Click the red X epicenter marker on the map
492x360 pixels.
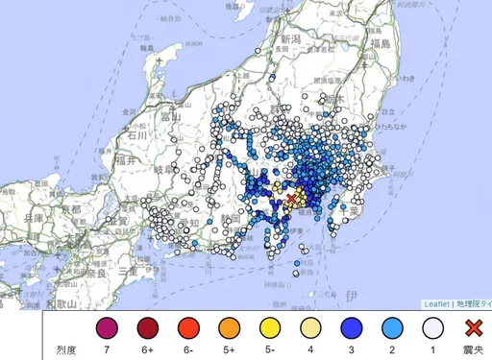tap(291, 200)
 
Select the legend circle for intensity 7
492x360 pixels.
tap(107, 328)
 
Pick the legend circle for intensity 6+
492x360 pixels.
tap(147, 328)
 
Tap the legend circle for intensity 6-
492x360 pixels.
tap(188, 328)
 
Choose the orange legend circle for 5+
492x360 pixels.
tap(229, 328)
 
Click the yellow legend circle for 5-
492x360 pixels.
tap(269, 328)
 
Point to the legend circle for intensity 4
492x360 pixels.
tap(310, 328)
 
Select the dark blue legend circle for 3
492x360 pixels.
tap(351, 328)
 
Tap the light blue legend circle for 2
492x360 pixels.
tap(391, 328)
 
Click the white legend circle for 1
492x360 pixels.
tap(432, 328)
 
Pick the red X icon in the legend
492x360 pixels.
tap(472, 328)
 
